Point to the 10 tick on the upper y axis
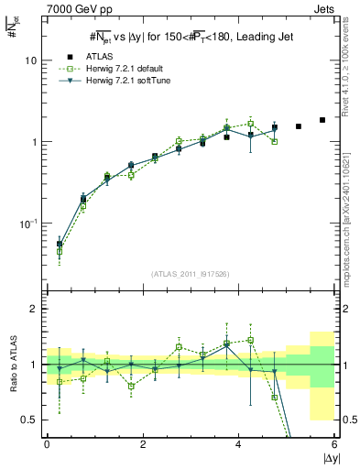pos(30,60)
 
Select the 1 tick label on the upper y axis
pos(34,142)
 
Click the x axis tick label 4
pos(239,444)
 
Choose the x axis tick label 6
pos(334,444)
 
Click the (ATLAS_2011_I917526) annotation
pos(191,274)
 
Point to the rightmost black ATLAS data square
pos(322,120)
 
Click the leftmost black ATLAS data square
pos(60,245)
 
